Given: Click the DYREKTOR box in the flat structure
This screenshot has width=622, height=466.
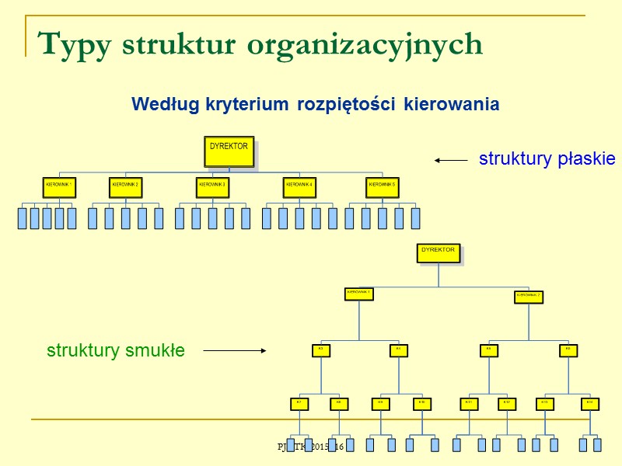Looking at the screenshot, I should click(x=229, y=152).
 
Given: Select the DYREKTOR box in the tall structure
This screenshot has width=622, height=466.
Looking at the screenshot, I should click(x=439, y=253).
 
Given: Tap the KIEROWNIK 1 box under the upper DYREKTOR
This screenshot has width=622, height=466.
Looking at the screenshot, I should click(x=59, y=187).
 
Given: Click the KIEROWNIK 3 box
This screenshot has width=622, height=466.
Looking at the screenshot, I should click(x=213, y=187).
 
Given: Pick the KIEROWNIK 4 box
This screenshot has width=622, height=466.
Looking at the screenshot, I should click(x=299, y=187).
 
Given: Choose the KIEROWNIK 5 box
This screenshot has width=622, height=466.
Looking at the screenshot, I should click(x=383, y=187).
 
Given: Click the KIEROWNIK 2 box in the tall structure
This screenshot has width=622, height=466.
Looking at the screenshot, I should click(x=529, y=296).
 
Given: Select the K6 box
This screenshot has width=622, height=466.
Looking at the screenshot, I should click(x=568, y=350).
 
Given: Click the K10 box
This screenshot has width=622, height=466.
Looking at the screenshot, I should click(x=421, y=403).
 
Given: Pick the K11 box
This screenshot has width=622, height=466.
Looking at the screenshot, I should click(x=468, y=403).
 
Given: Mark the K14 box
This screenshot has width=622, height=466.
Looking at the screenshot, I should click(x=590, y=403).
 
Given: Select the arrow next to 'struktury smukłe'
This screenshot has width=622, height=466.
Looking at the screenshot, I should click(x=235, y=351).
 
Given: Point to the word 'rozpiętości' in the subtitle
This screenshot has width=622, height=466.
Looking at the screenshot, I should click(x=348, y=104).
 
